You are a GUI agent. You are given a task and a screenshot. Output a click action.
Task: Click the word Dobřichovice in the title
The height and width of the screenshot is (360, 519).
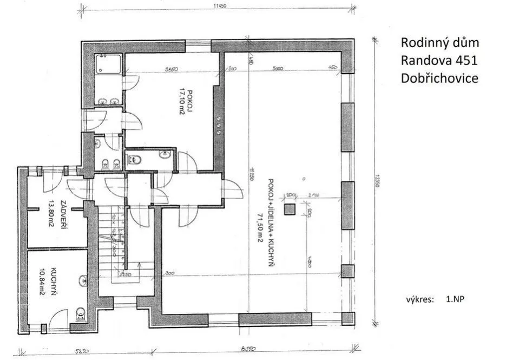coord(439,78)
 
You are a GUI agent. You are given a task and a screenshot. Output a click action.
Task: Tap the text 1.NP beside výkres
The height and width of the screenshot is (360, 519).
coord(456,299)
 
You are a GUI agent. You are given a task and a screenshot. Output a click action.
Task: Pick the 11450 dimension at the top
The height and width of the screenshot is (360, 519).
coord(219,7)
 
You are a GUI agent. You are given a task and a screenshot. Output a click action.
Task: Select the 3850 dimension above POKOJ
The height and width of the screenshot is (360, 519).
coord(172,69)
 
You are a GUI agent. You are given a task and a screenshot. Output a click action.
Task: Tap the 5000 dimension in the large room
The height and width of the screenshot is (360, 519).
coord(279,69)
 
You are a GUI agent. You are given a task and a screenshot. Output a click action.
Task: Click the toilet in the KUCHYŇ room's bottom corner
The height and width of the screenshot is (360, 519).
coord(81,313)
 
